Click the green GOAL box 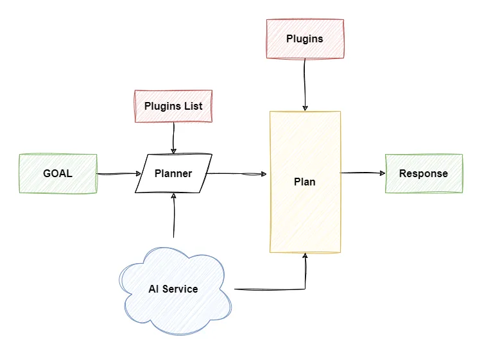[x=58, y=173]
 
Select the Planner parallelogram [x=173, y=173]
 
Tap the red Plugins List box [x=173, y=106]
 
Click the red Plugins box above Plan [x=305, y=39]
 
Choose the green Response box [x=424, y=173]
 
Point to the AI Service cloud [x=173, y=289]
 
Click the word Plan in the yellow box [x=305, y=182]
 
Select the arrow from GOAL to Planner [x=119, y=173]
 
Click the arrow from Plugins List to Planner [x=173, y=138]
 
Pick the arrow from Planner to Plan [x=237, y=173]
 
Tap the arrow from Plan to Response [x=363, y=173]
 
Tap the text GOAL [x=58, y=173]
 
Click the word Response [x=424, y=173]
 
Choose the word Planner [x=173, y=173]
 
